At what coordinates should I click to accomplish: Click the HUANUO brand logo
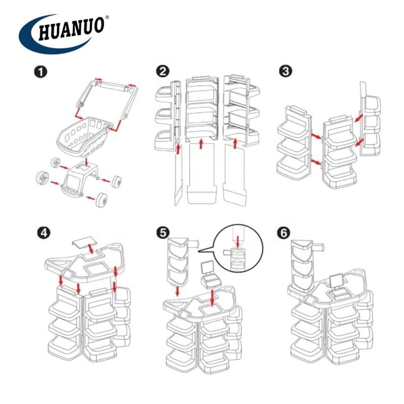[x=64, y=33]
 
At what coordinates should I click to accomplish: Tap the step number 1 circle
[x=40, y=72]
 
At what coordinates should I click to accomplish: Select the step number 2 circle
[x=163, y=71]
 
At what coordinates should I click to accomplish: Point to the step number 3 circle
[x=285, y=71]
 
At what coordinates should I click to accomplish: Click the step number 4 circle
[x=44, y=233]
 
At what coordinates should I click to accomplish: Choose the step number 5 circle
[x=163, y=233]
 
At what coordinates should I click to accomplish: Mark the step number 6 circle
[x=283, y=233]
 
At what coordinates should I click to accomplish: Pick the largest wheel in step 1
[x=42, y=178]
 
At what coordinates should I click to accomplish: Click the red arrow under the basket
[x=87, y=162]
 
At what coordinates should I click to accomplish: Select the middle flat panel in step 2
[x=201, y=173]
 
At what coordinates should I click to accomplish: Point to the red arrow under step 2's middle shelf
[x=201, y=144]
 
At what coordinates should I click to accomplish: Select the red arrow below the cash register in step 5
[x=212, y=298]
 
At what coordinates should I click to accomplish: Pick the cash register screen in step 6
[x=337, y=281]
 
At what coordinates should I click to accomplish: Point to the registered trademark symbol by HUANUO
[x=107, y=18]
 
